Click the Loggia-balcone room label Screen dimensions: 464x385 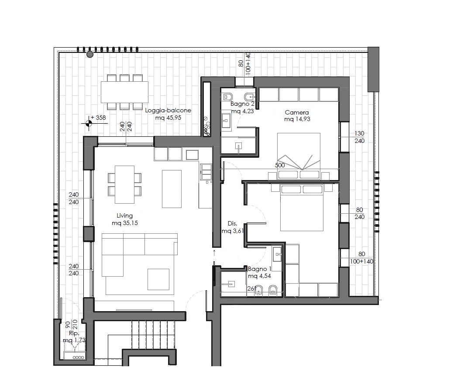click(168, 111)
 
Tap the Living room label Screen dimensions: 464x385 click(124, 215)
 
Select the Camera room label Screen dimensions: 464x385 click(297, 113)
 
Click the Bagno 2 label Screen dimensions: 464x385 click(242, 104)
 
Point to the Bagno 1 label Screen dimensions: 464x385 click(260, 269)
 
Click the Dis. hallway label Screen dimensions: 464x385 click(233, 224)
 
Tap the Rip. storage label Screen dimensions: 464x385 click(74, 333)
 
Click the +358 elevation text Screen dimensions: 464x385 click(98, 118)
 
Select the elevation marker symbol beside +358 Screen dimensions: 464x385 click(88, 124)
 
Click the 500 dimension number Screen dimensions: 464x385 click(280, 165)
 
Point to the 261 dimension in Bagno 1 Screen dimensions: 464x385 click(252, 288)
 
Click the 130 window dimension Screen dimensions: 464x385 click(359, 133)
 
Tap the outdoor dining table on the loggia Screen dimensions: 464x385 click(124, 92)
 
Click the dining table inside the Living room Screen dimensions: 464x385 click(124, 184)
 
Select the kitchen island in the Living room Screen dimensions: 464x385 click(172, 189)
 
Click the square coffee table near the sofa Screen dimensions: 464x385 click(158, 279)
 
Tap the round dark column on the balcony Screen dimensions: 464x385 click(90, 54)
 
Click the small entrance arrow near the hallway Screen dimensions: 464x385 click(214, 252)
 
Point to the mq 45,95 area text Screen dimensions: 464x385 click(168, 118)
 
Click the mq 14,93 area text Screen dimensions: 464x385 click(297, 119)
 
